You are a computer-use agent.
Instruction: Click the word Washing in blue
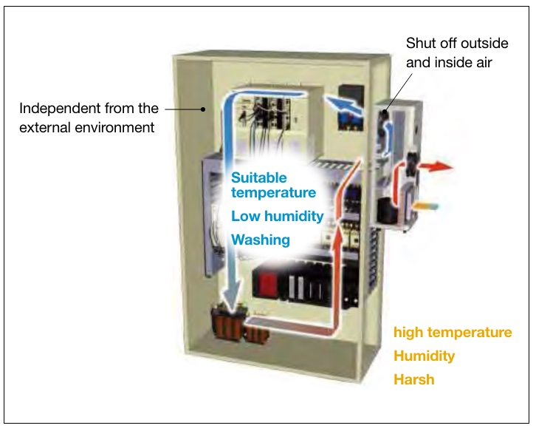pyautogui.click(x=260, y=240)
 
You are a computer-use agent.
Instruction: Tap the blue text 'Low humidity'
pyautogui.click(x=277, y=216)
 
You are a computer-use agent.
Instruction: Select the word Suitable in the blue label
pyautogui.click(x=258, y=177)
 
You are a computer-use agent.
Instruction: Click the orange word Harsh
pyautogui.click(x=413, y=379)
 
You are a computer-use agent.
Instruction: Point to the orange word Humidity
pyautogui.click(x=424, y=356)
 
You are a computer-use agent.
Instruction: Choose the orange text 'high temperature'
pyautogui.click(x=452, y=332)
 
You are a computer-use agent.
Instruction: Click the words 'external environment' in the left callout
pyautogui.click(x=87, y=127)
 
